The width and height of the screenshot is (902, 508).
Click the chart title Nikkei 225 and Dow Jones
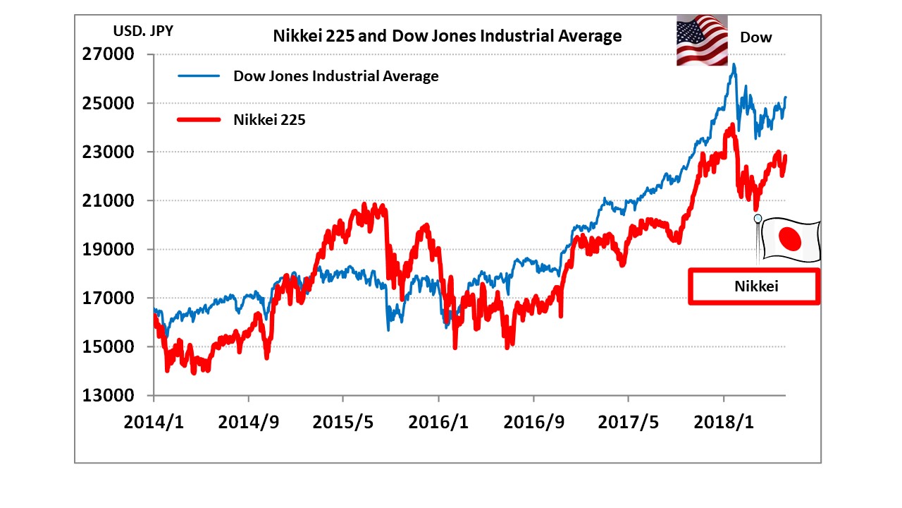click(x=447, y=36)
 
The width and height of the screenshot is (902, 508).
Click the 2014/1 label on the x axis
click(x=153, y=422)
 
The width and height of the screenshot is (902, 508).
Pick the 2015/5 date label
click(x=343, y=422)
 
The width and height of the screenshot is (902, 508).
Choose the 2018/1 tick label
click(x=724, y=422)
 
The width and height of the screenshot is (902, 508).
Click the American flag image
click(x=702, y=41)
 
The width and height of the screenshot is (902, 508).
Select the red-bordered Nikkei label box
click(x=753, y=286)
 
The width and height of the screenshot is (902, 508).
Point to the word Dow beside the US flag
click(x=755, y=37)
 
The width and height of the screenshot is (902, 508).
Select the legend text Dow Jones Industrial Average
click(x=335, y=76)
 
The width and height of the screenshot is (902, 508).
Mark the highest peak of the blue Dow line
click(x=734, y=64)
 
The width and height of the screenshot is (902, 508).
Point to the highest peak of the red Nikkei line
click(x=732, y=126)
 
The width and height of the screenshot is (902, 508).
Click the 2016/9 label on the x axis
click(x=533, y=422)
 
